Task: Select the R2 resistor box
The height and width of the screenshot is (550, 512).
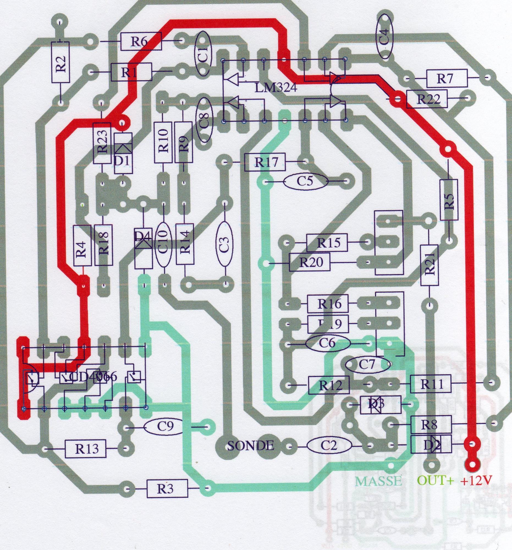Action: tap(60, 62)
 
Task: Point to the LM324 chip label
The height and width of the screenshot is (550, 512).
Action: tap(276, 88)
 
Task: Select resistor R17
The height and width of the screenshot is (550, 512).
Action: tap(265, 162)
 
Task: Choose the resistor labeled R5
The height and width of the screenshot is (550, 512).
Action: tap(448, 199)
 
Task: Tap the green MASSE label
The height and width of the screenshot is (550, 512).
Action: tap(378, 481)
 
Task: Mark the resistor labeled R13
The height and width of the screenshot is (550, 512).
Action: tap(86, 449)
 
